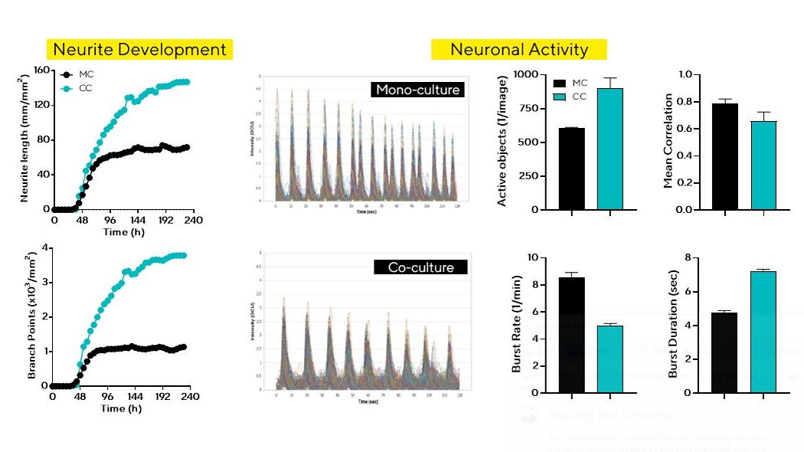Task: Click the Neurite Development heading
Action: tap(139, 50)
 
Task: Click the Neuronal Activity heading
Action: tap(519, 50)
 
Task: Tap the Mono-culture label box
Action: tap(417, 90)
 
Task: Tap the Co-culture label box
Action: tap(420, 267)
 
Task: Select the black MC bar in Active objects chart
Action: tap(571, 169)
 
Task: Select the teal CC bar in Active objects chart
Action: tap(610, 149)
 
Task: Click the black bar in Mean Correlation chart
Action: tap(725, 156)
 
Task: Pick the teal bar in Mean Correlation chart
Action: tap(764, 165)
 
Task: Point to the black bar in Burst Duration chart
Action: tap(725, 352)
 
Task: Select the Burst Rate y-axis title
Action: tap(516, 325)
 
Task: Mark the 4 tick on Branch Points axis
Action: tap(45, 247)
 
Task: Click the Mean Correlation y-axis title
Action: tap(668, 141)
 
